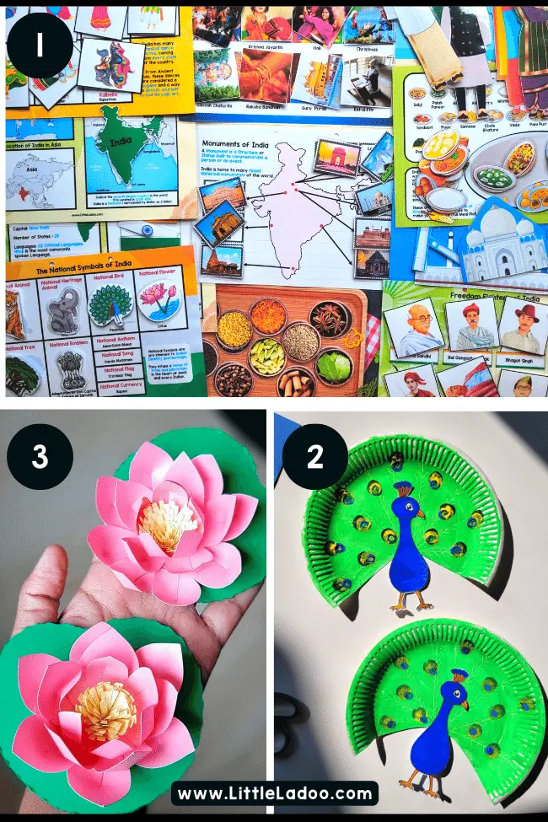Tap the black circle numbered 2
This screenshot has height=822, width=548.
[315, 457]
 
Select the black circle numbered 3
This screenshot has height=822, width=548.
[40, 457]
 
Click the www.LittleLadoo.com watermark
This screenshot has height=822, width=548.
[274, 794]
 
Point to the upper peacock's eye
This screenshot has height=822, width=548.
[416, 508]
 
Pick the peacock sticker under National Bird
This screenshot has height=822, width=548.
[110, 306]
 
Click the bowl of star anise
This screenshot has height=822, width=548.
[330, 318]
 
